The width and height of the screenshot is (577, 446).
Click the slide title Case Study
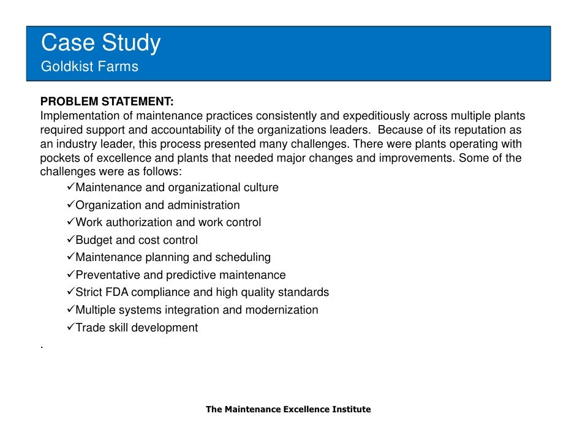point(100,43)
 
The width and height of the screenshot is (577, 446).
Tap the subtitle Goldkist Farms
point(89,67)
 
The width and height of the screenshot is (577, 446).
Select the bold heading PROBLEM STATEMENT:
point(107,102)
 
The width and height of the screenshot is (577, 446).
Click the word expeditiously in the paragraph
point(376,116)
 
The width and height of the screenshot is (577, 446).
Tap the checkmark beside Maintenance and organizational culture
point(70,187)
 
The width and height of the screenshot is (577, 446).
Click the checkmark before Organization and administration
point(70,205)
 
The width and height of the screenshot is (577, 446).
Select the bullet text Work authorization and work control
point(168,222)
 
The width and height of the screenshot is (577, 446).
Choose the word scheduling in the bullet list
point(241,257)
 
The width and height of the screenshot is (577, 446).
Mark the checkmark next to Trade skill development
point(70,327)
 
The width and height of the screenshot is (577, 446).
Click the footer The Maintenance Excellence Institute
point(288,409)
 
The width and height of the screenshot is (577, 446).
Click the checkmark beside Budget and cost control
point(70,240)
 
